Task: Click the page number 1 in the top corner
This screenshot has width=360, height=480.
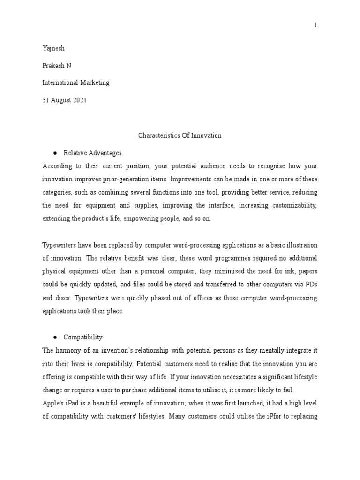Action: pyautogui.click(x=316, y=25)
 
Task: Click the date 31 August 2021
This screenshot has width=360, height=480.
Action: pyautogui.click(x=64, y=100)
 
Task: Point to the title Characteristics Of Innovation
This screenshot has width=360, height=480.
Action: pyautogui.click(x=180, y=135)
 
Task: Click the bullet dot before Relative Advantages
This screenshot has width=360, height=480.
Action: pyautogui.click(x=55, y=153)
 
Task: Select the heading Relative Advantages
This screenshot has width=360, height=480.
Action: pyautogui.click(x=92, y=153)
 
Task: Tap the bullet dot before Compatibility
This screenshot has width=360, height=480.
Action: pyautogui.click(x=55, y=337)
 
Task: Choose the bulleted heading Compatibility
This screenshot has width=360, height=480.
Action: pyautogui.click(x=83, y=337)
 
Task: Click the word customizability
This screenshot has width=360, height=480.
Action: pyautogui.click(x=294, y=205)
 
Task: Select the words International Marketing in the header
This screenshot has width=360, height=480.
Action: pyautogui.click(x=75, y=82)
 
